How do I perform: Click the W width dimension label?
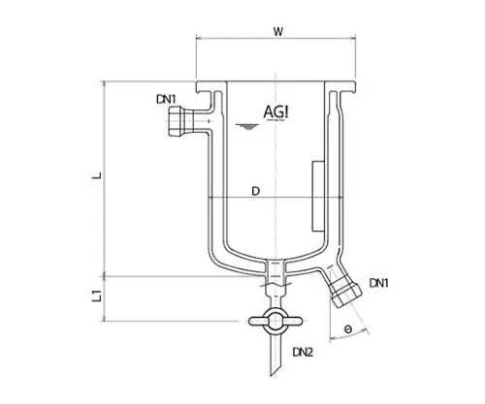(277, 30)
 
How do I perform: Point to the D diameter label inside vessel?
(254, 191)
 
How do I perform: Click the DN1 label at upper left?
(166, 98)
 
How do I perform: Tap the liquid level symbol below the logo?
(250, 127)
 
